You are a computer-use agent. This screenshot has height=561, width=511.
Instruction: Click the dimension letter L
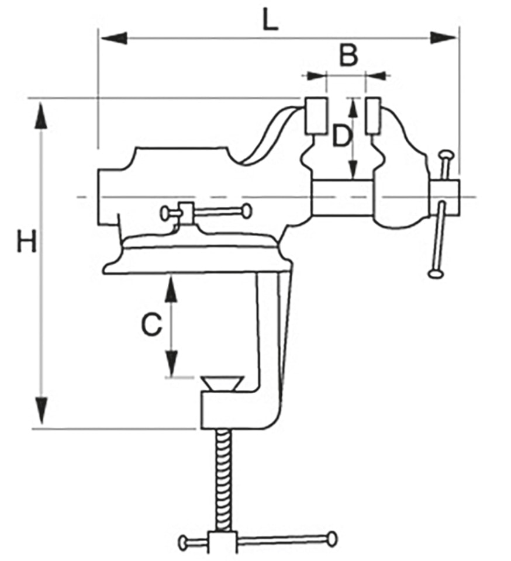tap(270, 21)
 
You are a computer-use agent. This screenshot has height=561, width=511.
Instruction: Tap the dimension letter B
tap(348, 56)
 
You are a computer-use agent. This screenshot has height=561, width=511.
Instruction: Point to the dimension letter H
tap(27, 241)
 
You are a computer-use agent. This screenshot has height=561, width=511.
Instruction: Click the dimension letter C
tap(151, 325)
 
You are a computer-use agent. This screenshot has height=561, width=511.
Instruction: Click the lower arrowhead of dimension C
tap(171, 362)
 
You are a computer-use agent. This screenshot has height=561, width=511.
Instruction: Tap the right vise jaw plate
tap(372, 115)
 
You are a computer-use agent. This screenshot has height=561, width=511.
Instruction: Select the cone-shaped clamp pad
tap(222, 383)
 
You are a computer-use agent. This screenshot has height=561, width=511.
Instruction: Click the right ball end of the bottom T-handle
tap(332, 538)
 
